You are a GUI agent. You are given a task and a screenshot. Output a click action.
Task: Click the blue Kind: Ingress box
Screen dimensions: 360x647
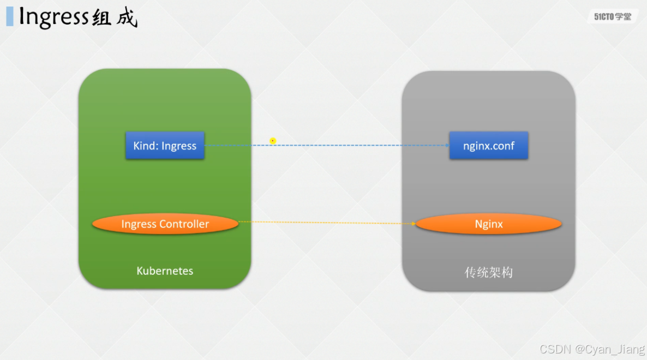pyautogui.click(x=165, y=146)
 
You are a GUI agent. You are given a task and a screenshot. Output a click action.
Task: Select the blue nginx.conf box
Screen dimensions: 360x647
pyautogui.click(x=488, y=146)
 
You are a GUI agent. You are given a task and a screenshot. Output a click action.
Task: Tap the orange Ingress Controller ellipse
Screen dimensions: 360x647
pyautogui.click(x=165, y=224)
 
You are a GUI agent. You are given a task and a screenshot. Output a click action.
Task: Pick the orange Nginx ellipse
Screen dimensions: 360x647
pyautogui.click(x=488, y=224)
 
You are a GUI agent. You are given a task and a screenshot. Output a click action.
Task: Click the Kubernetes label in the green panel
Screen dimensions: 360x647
pyautogui.click(x=165, y=271)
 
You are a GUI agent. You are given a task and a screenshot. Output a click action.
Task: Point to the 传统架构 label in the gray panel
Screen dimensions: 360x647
pyautogui.click(x=488, y=272)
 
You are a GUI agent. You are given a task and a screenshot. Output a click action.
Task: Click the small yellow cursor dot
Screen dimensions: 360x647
pyautogui.click(x=273, y=141)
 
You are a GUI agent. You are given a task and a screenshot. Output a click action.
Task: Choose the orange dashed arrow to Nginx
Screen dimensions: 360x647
pyautogui.click(x=327, y=223)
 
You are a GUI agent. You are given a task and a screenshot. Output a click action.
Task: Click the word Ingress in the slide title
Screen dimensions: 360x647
pyautogui.click(x=53, y=17)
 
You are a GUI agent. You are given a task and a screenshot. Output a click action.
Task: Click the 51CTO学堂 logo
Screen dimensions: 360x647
pyautogui.click(x=612, y=17)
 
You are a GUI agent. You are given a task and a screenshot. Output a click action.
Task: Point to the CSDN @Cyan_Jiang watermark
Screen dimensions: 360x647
pyautogui.click(x=591, y=349)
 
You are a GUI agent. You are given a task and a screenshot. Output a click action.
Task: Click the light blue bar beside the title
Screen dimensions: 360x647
pyautogui.click(x=9, y=16)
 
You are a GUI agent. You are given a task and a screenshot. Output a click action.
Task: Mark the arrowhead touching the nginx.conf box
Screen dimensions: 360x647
pyautogui.click(x=446, y=146)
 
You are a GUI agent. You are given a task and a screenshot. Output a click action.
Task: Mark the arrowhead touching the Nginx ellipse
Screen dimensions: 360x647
pyautogui.click(x=413, y=224)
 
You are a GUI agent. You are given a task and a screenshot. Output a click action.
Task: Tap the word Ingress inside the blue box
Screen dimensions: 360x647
pyautogui.click(x=179, y=146)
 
